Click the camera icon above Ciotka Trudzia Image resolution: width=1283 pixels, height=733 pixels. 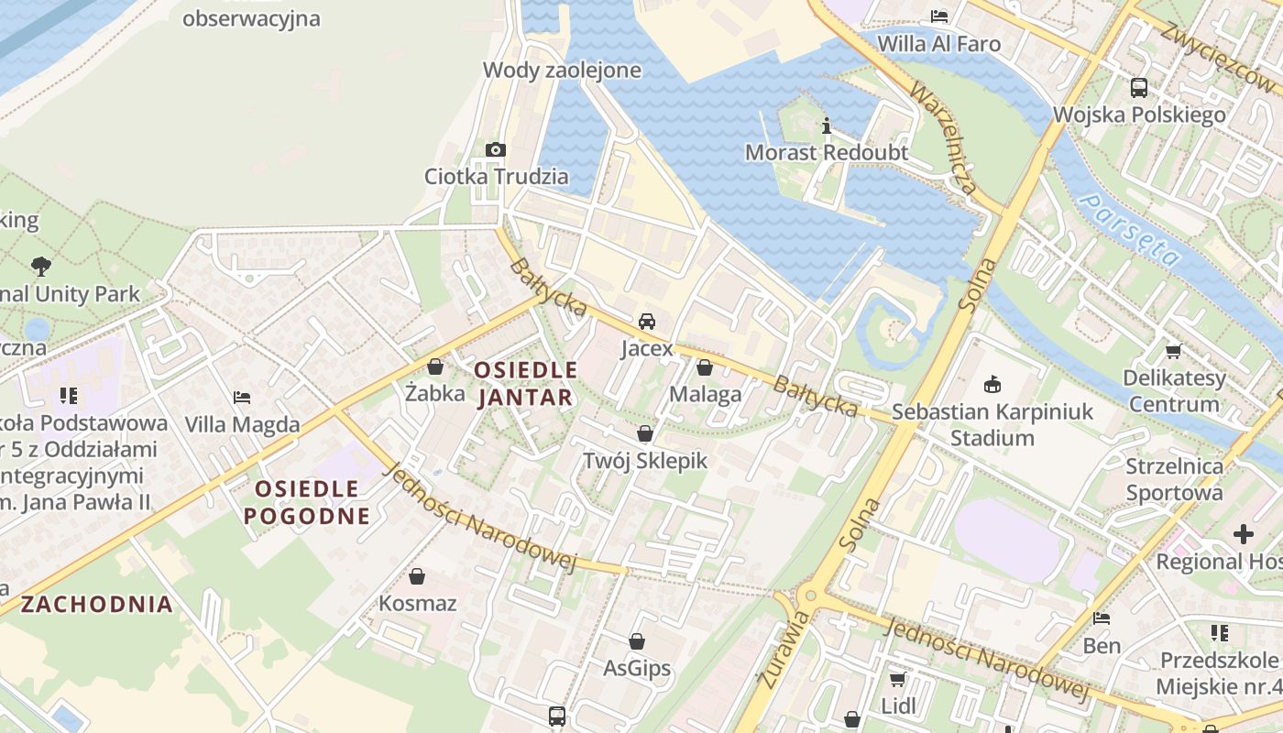(x=496, y=149)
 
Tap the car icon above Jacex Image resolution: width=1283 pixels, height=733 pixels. (x=647, y=322)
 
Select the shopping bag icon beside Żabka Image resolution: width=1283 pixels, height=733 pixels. (x=435, y=366)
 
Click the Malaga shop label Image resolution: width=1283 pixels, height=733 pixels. (x=705, y=395)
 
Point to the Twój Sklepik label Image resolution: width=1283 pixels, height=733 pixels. (x=645, y=460)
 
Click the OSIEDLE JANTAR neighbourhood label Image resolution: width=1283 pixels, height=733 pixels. (x=526, y=384)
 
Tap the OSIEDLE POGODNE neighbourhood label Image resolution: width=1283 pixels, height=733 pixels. (x=307, y=502)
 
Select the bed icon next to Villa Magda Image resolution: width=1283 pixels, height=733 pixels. (x=242, y=398)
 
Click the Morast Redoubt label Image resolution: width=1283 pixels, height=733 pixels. (x=827, y=152)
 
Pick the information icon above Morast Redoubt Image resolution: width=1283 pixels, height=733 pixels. (x=827, y=126)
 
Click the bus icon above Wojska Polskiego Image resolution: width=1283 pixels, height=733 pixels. (x=1139, y=88)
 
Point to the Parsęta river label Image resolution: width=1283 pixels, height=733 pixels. (x=1129, y=228)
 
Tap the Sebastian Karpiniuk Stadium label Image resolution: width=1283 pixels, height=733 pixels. (x=992, y=425)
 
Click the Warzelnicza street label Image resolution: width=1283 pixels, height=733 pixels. (x=943, y=138)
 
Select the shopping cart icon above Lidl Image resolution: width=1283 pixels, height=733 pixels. (x=897, y=679)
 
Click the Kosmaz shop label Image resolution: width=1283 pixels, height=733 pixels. (x=418, y=604)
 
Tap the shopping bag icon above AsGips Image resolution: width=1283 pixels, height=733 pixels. (x=637, y=641)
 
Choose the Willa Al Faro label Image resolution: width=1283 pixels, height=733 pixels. (x=938, y=44)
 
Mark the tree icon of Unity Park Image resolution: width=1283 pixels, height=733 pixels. (x=40, y=267)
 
